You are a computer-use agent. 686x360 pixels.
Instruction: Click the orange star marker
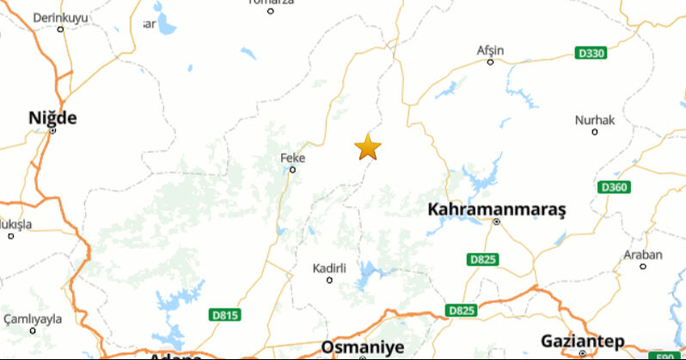point(368,147)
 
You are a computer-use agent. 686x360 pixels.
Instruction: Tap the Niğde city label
point(52,118)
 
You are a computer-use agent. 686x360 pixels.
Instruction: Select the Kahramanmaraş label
point(497,209)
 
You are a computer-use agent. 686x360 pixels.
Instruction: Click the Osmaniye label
point(362,347)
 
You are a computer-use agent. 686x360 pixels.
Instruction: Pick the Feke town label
point(293,158)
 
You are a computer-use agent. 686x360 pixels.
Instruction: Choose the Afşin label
point(491,50)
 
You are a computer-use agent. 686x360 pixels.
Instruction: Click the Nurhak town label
point(595,120)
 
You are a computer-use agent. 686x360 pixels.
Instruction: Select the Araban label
point(643,255)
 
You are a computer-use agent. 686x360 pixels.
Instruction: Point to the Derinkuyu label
point(60,17)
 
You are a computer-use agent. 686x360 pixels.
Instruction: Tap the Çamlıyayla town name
point(34,319)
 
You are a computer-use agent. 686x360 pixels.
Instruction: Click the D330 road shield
point(591,53)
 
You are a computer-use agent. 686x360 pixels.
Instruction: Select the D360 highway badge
point(614,187)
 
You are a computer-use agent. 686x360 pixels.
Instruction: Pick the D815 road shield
point(224,315)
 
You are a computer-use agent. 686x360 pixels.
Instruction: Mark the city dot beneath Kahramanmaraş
point(497,222)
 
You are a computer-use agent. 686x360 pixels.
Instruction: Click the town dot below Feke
point(292,169)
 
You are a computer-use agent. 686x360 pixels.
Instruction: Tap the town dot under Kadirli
point(329,279)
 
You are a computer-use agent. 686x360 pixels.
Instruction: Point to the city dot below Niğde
point(52,131)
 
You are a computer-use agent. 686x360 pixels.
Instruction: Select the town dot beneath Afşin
point(491,61)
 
